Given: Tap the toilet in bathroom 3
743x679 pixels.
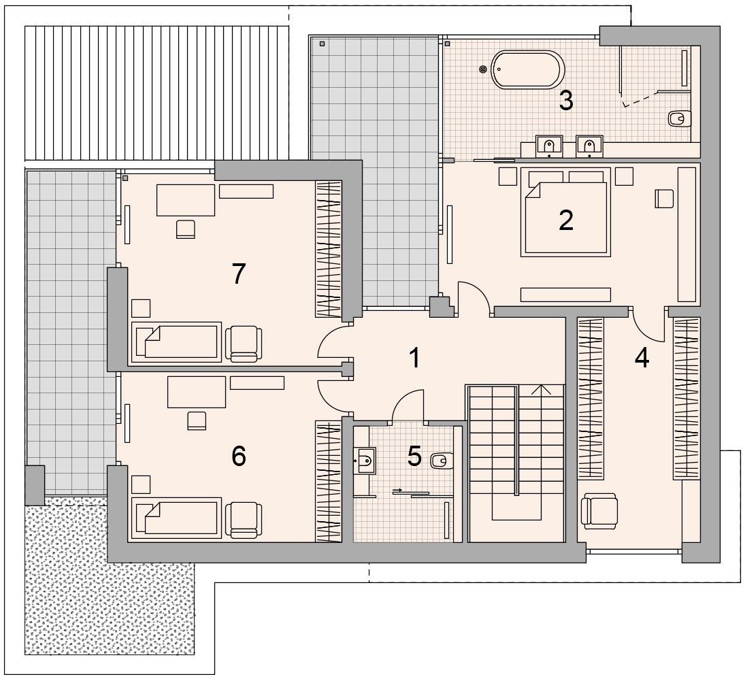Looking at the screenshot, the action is [678, 118].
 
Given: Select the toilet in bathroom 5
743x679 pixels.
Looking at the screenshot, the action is [442, 460].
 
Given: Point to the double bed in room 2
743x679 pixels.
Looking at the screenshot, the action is [565, 212].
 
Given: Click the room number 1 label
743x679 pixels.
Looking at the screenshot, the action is [414, 358].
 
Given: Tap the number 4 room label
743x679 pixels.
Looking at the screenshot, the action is [642, 358].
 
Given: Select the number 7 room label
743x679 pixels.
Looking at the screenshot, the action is [238, 274].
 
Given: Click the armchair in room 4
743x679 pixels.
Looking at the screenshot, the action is [599, 511].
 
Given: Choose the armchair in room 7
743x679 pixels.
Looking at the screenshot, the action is [244, 344].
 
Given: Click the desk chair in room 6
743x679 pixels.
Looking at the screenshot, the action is [197, 420].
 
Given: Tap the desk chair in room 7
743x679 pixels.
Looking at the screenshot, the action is [185, 229].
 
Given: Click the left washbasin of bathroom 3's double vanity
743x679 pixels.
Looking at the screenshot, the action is [548, 146].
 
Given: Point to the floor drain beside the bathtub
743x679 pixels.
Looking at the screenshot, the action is [483, 69].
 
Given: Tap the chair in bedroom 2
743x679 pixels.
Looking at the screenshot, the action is [664, 199].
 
